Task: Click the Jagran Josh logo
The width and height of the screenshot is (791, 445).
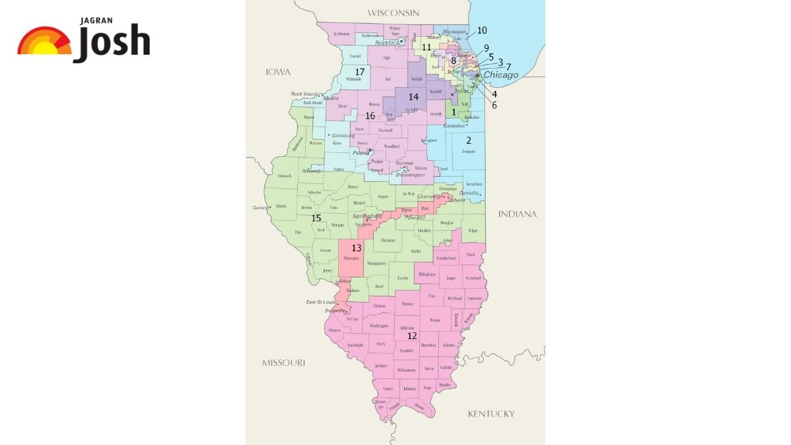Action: pos(84,42)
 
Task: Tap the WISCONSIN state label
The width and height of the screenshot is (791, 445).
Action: pos(394,13)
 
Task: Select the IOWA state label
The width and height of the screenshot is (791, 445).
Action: pos(278,71)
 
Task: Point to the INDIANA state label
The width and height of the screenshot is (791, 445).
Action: pos(517,214)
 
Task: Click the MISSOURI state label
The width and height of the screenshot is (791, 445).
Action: pos(283,363)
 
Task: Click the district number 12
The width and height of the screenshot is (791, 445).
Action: pos(412,336)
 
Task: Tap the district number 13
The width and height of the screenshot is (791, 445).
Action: pos(357,249)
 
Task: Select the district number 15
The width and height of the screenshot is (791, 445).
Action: pos(316,218)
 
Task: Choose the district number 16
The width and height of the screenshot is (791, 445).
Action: pos(370,116)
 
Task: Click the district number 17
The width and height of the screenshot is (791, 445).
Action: pos(360,71)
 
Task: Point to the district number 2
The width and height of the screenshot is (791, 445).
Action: pos(469,140)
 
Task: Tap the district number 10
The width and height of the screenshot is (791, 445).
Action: pos(482,30)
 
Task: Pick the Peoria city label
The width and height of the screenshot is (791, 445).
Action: pos(360,152)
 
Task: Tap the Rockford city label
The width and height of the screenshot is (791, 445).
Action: pos(387,43)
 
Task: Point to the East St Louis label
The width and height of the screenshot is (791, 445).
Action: pos(320,302)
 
